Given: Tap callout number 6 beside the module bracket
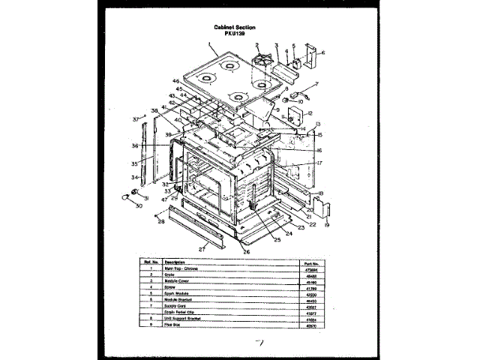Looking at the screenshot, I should tap(323, 53).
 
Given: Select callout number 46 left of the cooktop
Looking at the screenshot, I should tap(175, 81).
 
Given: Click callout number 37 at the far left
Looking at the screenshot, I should tap(135, 118).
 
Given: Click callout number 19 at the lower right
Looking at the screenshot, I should tap(327, 224).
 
